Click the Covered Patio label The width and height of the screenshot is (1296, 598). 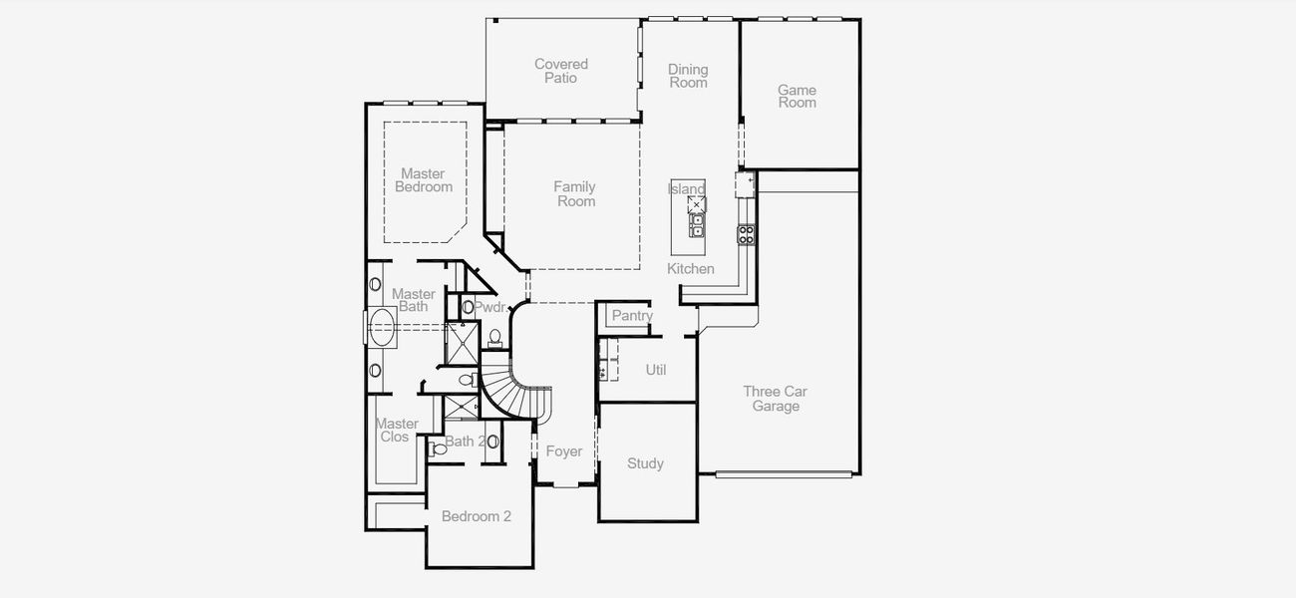[x=561, y=71]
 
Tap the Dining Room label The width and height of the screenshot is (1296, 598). [x=688, y=76]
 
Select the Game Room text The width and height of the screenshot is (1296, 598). [x=797, y=96]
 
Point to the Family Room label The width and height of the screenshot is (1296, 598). [x=575, y=193]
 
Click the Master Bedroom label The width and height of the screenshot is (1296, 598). [x=423, y=180]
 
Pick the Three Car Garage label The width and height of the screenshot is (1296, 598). [x=776, y=399]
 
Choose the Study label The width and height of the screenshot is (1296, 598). [x=645, y=463]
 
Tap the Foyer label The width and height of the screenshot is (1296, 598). [x=563, y=451]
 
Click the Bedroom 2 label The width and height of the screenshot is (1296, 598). [x=477, y=516]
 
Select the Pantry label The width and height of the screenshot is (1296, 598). [x=632, y=316]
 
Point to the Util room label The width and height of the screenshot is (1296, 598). [x=656, y=370]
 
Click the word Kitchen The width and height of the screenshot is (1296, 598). [x=691, y=268]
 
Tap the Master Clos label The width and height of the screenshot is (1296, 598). [x=396, y=431]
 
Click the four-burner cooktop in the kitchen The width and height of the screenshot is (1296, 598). [x=746, y=234]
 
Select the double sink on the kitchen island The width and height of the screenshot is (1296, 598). [x=697, y=225]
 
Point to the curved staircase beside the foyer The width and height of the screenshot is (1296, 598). [x=518, y=394]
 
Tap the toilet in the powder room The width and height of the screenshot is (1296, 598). [x=494, y=337]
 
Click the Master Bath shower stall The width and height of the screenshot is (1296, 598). [x=462, y=342]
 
